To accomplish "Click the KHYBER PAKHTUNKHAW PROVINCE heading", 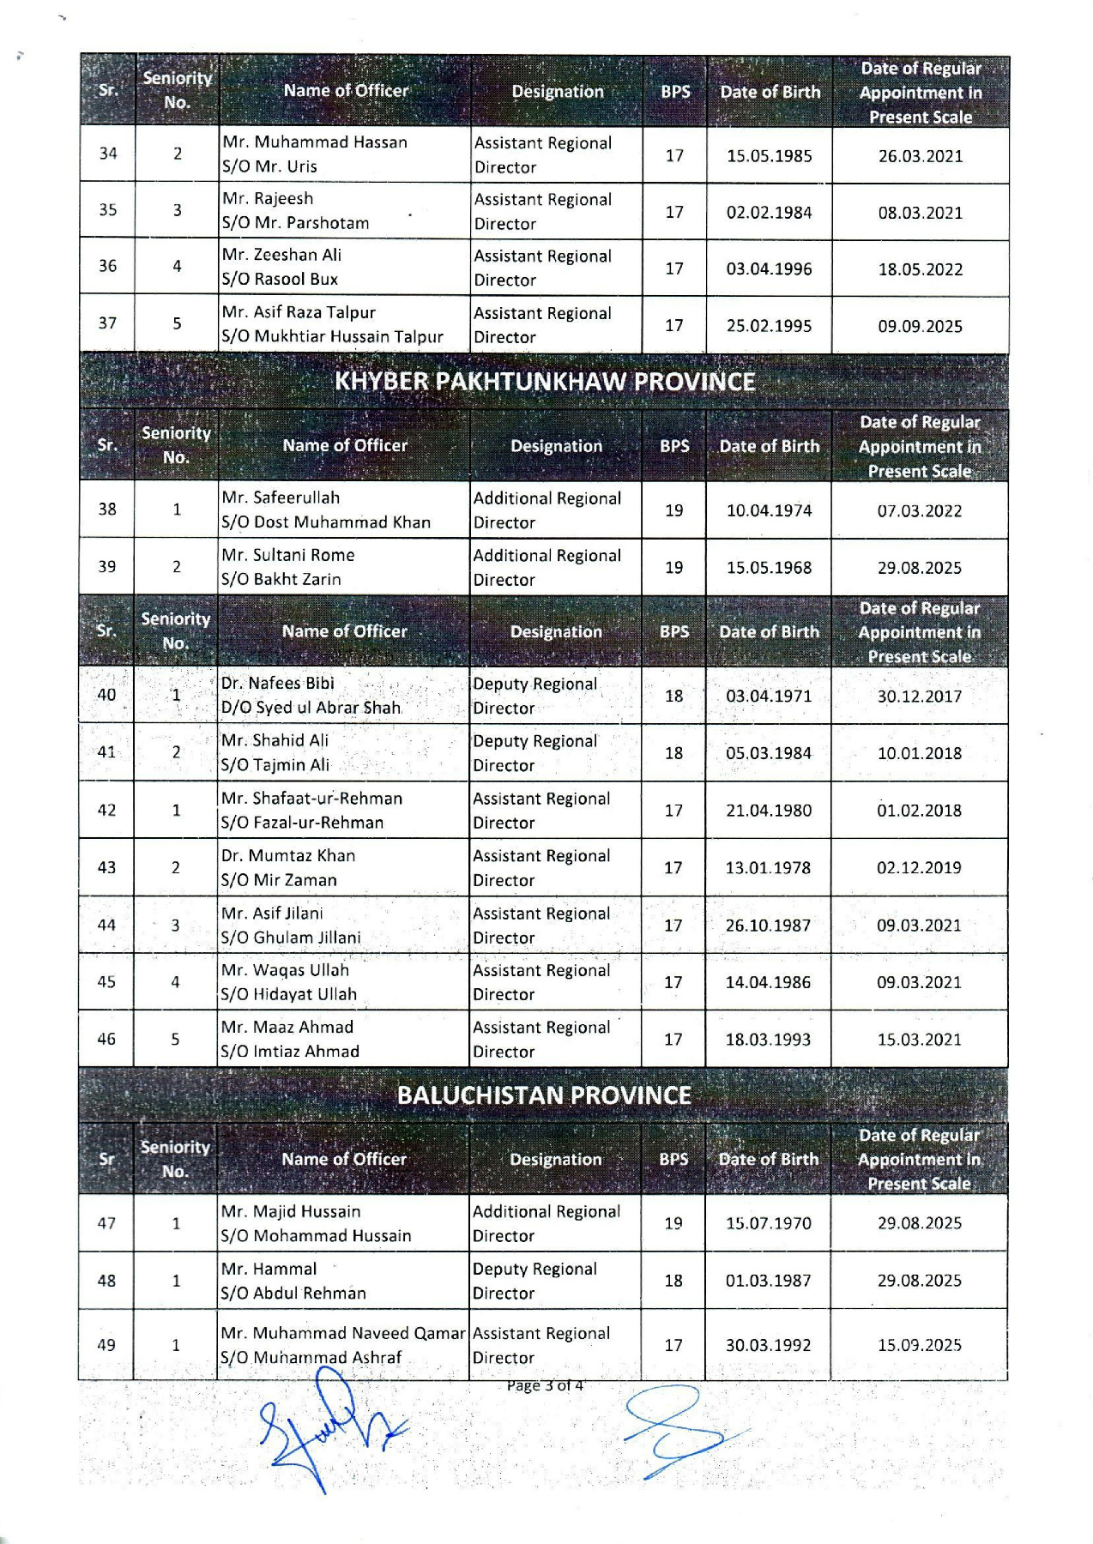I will pyautogui.click(x=545, y=382).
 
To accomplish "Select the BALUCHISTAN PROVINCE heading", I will pyautogui.click(x=544, y=1095).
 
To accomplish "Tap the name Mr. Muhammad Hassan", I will pyautogui.click(x=315, y=142).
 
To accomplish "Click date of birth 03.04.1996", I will pyautogui.click(x=769, y=269).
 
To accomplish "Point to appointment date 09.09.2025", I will pyautogui.click(x=920, y=327).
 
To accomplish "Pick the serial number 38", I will pyautogui.click(x=107, y=510).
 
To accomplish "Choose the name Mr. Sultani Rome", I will pyautogui.click(x=288, y=556).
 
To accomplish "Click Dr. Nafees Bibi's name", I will pyautogui.click(x=278, y=684).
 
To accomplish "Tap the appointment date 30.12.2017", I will pyautogui.click(x=919, y=697).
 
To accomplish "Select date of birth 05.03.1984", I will pyautogui.click(x=768, y=753).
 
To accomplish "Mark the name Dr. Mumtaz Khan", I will pyautogui.click(x=288, y=856).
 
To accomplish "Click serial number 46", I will pyautogui.click(x=106, y=1040).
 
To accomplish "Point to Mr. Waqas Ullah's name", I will pyautogui.click(x=285, y=970).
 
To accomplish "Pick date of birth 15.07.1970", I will pyautogui.click(x=768, y=1223).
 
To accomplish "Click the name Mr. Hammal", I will pyautogui.click(x=269, y=1270).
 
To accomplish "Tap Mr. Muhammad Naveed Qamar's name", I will pyautogui.click(x=342, y=1334).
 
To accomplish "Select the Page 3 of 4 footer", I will pyautogui.click(x=545, y=1385).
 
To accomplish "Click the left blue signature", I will pyautogui.click(x=330, y=1428).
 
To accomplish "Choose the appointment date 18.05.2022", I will pyautogui.click(x=920, y=270).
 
